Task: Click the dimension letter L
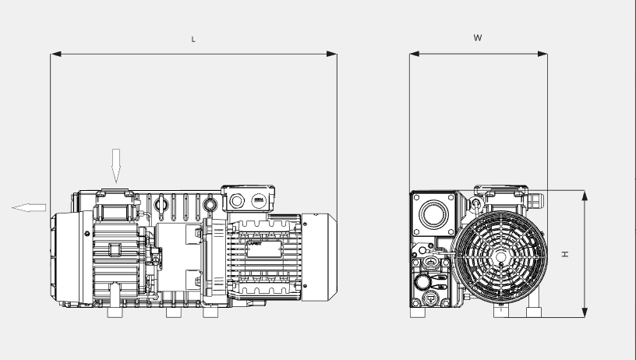193,38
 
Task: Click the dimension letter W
478,37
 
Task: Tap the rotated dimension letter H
567,254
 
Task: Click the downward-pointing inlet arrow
116,164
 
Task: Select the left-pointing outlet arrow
29,206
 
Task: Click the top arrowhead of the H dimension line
584,194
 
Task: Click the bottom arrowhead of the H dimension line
584,313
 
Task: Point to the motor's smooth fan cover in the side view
320,257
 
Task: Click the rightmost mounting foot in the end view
534,312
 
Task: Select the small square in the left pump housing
115,249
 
